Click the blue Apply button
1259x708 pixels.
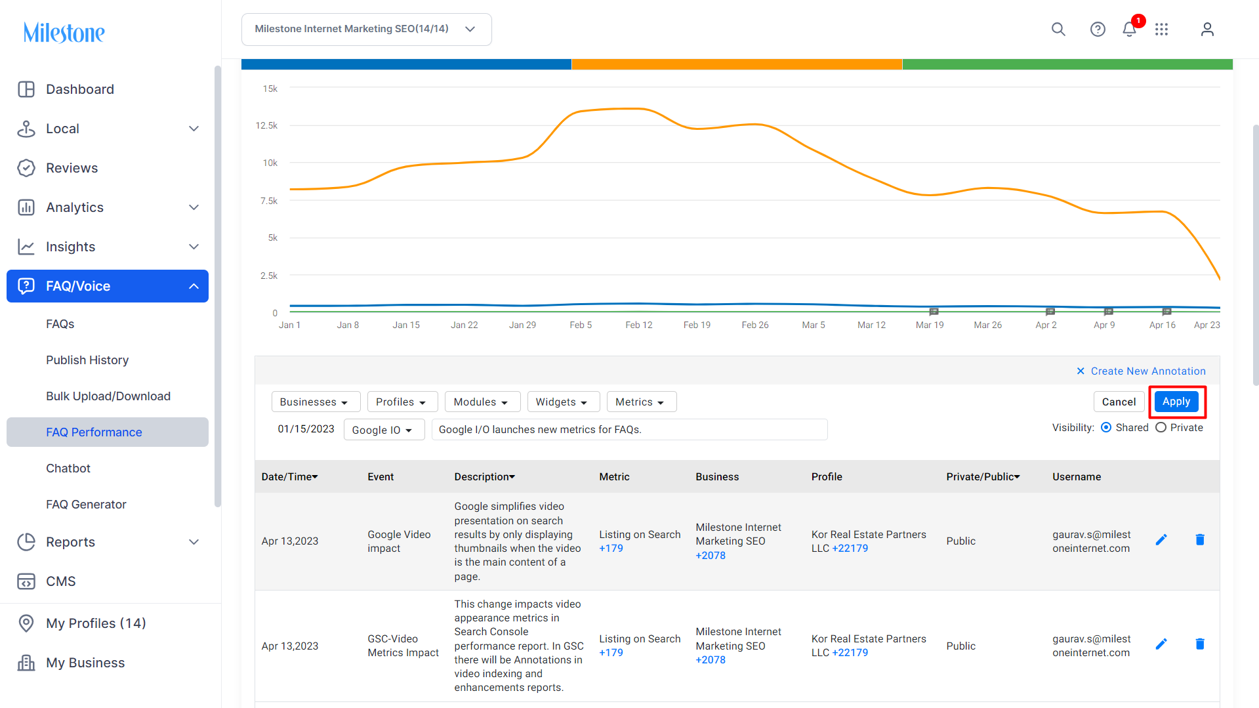(x=1176, y=402)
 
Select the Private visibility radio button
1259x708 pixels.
(x=1161, y=428)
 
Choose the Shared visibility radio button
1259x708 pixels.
(x=1106, y=428)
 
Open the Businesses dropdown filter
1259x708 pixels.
(x=316, y=402)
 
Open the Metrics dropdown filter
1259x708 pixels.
(x=641, y=402)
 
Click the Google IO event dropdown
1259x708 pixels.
(x=384, y=430)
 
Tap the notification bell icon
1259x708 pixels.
(x=1129, y=30)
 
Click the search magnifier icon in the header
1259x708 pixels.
(x=1058, y=30)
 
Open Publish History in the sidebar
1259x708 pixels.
(x=87, y=360)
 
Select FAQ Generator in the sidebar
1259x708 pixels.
(x=86, y=505)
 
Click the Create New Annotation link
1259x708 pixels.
(x=1148, y=371)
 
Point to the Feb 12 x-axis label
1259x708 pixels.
(x=638, y=325)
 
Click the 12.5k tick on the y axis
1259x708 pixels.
(x=266, y=125)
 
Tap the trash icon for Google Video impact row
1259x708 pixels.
(x=1200, y=540)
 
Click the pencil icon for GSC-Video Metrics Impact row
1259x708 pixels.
(x=1161, y=644)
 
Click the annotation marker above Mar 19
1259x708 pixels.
(x=934, y=312)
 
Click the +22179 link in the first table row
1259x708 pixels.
(x=850, y=549)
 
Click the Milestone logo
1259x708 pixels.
(x=64, y=32)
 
